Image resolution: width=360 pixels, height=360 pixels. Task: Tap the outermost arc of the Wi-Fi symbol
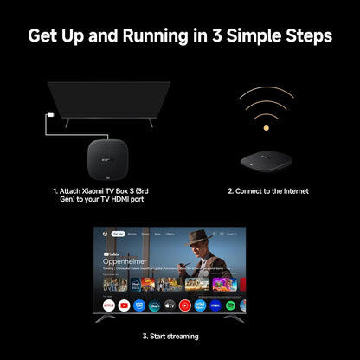point(266,91)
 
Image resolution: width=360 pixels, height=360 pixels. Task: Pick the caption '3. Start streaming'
point(170,336)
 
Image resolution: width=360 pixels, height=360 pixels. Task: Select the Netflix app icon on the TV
point(109,305)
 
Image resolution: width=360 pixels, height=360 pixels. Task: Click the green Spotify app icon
point(229,305)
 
